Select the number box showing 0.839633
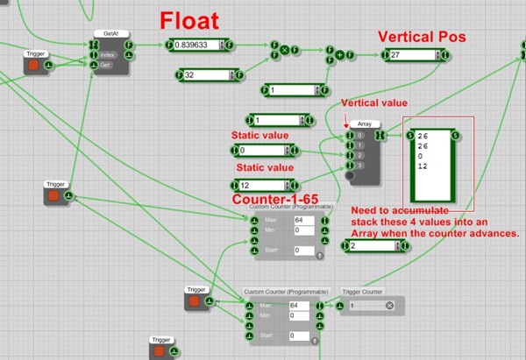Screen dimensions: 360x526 [x=199, y=44]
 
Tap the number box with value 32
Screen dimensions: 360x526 [x=204, y=76]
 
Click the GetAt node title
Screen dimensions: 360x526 [x=111, y=33]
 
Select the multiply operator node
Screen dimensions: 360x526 [x=284, y=49]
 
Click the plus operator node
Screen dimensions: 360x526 [x=339, y=56]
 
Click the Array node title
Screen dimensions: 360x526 [x=366, y=124]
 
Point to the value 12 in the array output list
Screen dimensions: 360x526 [x=423, y=166]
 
